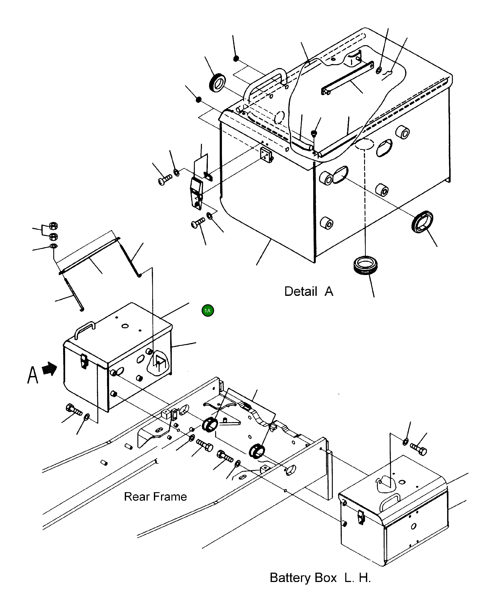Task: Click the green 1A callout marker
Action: point(208,310)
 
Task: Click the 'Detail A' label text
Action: point(309,291)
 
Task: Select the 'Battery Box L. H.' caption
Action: point(320,578)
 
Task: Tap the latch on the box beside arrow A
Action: point(84,361)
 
